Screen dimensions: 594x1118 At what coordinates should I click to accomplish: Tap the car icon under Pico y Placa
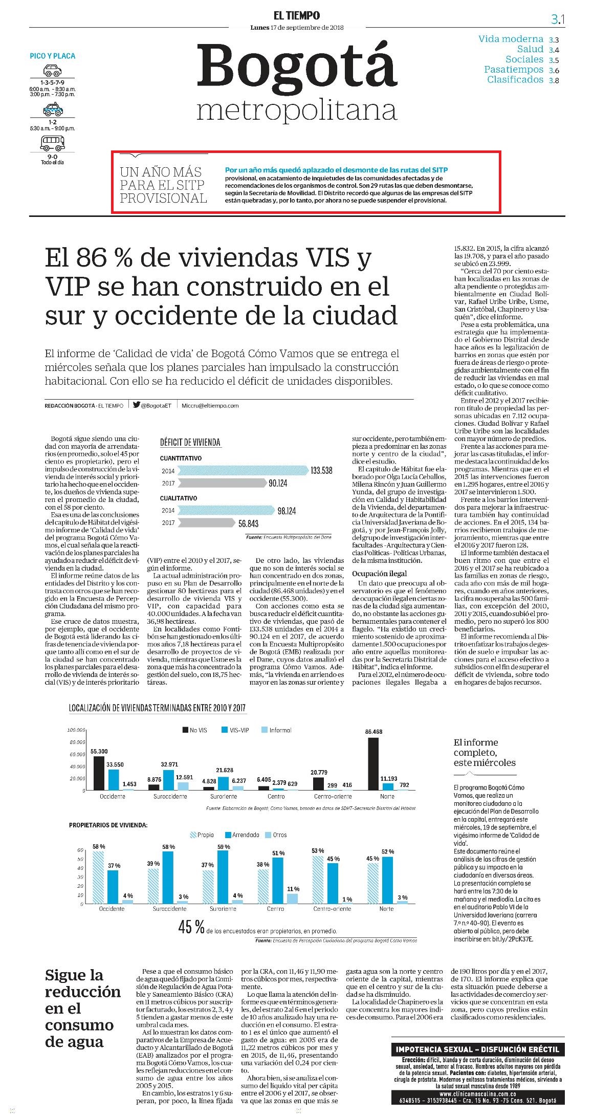point(52,71)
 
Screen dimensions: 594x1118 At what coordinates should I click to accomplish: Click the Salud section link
point(530,49)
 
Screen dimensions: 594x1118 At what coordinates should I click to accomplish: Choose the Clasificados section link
point(515,79)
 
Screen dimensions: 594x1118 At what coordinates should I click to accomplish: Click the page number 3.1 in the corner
point(557,19)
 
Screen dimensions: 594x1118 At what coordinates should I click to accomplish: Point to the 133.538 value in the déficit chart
point(321,470)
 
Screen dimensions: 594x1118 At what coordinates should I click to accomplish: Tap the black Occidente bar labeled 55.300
point(99,774)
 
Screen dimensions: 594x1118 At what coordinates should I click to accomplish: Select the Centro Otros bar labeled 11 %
point(292,899)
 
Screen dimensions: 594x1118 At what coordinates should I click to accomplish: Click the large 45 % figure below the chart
point(191,927)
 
